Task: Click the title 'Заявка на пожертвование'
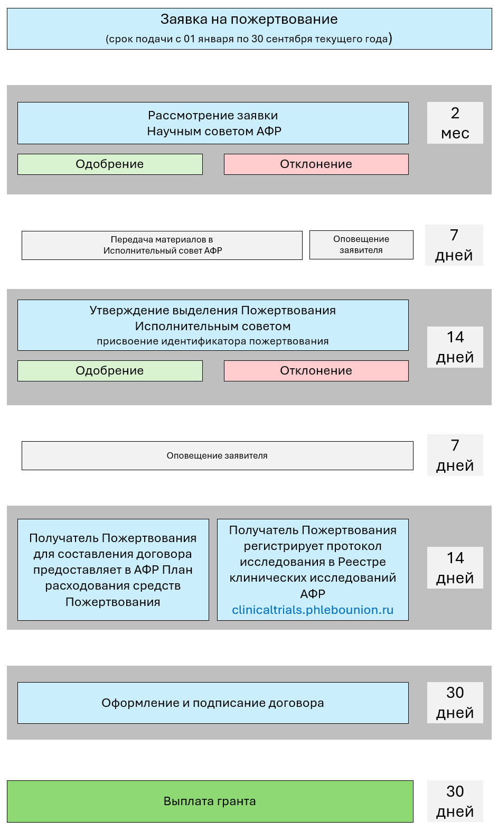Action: pos(249,20)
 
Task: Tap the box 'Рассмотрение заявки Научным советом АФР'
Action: pos(213,123)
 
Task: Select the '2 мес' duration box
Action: pos(455,123)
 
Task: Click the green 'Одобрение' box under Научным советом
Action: pos(110,164)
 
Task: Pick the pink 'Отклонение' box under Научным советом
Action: pos(316,164)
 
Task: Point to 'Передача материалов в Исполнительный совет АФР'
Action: pos(162,245)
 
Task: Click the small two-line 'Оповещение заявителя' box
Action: pos(361,245)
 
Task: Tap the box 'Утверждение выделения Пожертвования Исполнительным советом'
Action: pos(213,318)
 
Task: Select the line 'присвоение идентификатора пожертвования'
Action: pos(213,341)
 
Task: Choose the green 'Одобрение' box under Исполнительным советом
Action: pos(110,371)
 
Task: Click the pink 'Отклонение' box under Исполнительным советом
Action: pos(316,371)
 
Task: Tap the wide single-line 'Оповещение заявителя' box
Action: pos(217,455)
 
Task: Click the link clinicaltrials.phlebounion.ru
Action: pos(313,610)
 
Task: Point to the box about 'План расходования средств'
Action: pos(113,570)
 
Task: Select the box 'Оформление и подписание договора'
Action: pos(213,703)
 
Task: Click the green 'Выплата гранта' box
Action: pos(210,801)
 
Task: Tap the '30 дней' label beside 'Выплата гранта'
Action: pos(455,801)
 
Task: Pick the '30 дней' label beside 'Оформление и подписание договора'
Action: pos(455,703)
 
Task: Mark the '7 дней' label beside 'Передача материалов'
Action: pos(454,245)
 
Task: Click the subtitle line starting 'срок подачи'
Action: pos(249,39)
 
